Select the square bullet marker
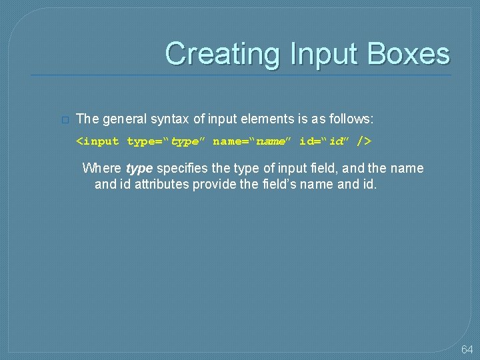pyautogui.click(x=64, y=120)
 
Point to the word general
pyautogui.click(x=123, y=119)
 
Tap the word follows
pyautogui.click(x=351, y=119)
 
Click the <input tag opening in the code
pyautogui.click(x=97, y=141)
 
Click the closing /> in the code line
pyautogui.click(x=364, y=141)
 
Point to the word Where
pyautogui.click(x=102, y=168)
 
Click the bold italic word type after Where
pyautogui.click(x=139, y=169)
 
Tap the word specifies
pyautogui.click(x=182, y=169)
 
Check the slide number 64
pyautogui.click(x=467, y=350)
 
